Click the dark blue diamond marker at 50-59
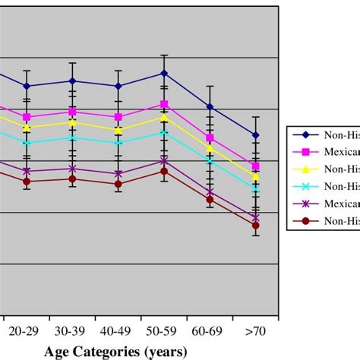[x=163, y=73]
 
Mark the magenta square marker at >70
[x=255, y=166]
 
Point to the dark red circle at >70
[x=255, y=225]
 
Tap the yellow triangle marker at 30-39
[x=72, y=122]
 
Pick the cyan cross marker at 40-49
[x=118, y=142]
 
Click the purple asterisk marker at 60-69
[x=210, y=192]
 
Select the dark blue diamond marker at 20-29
[x=27, y=86]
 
